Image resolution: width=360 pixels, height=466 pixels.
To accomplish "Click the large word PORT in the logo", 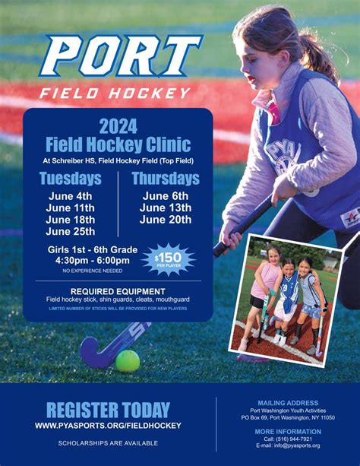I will click(122, 56).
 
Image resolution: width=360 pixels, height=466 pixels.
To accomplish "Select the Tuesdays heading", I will click(70, 179).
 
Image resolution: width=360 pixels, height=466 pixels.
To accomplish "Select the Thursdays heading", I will click(166, 179).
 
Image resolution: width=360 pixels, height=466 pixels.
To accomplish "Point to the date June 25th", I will click(70, 232).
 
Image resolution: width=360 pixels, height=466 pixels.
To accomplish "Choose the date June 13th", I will click(166, 208).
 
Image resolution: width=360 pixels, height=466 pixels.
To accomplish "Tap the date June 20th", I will click(166, 220).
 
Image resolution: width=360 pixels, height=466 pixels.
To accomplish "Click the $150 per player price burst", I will click(168, 259).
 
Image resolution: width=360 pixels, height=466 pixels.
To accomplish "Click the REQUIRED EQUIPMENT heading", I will click(118, 291).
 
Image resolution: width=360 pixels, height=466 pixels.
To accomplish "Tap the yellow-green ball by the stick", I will click(127, 360).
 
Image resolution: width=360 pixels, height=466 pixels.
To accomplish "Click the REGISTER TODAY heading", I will click(108, 411).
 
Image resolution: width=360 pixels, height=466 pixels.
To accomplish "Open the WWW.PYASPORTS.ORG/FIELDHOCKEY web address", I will click(108, 426).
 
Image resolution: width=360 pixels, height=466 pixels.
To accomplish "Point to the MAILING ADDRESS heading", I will click(288, 403).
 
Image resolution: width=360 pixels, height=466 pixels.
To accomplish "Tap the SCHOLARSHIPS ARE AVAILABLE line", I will click(108, 442).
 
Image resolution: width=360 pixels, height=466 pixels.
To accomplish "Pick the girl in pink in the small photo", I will click(267, 281).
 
